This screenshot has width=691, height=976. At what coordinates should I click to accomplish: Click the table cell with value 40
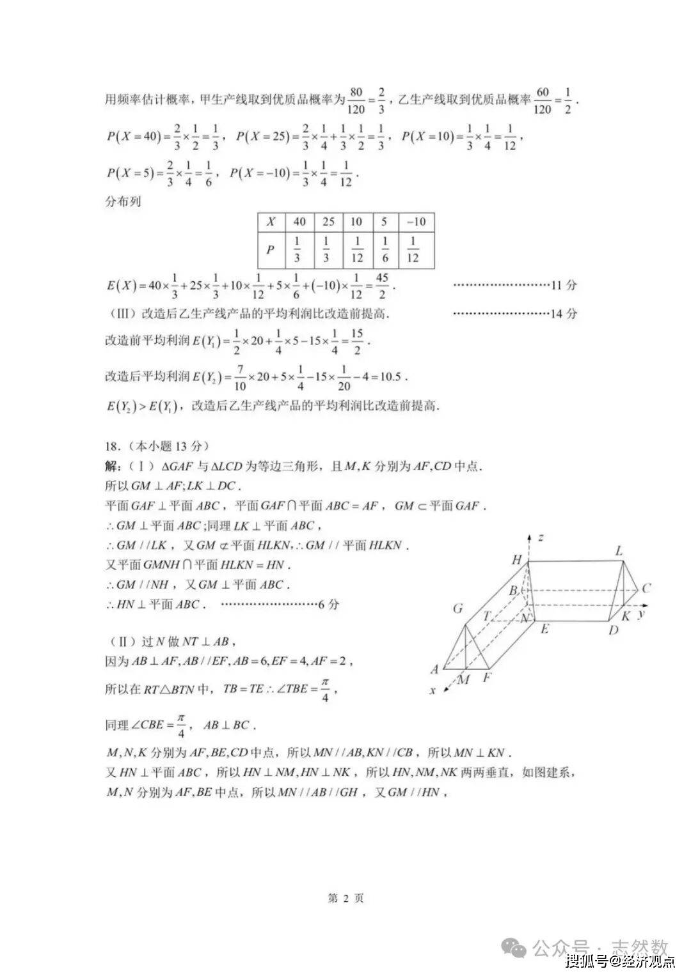coord(299,222)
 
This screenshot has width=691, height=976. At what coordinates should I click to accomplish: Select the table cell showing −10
coord(416,222)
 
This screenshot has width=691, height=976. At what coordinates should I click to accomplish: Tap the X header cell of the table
coord(271,222)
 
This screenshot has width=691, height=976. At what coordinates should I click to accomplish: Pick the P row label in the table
coord(271,249)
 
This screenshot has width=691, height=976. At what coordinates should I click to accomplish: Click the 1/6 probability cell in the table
coord(385,249)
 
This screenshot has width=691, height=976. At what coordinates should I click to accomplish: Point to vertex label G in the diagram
coord(457,608)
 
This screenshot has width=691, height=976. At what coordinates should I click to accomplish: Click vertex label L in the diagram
coord(619,551)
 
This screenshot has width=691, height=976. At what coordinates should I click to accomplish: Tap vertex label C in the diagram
coord(646,588)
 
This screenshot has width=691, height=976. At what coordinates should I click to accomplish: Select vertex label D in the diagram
coord(613,631)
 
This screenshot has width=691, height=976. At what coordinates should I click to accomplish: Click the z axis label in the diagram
coord(541,538)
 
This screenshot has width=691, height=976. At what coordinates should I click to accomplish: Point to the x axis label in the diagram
coord(433,690)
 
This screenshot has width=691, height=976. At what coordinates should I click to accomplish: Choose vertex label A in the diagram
coord(435,669)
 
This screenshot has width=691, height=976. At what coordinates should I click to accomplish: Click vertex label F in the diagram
coord(486,676)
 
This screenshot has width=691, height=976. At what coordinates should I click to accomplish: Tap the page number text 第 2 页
coord(345,898)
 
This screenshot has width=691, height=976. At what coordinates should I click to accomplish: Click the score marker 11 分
coord(564,285)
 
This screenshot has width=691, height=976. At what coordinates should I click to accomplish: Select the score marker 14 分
coord(564,313)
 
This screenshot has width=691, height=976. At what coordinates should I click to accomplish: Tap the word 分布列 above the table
coord(123,201)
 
